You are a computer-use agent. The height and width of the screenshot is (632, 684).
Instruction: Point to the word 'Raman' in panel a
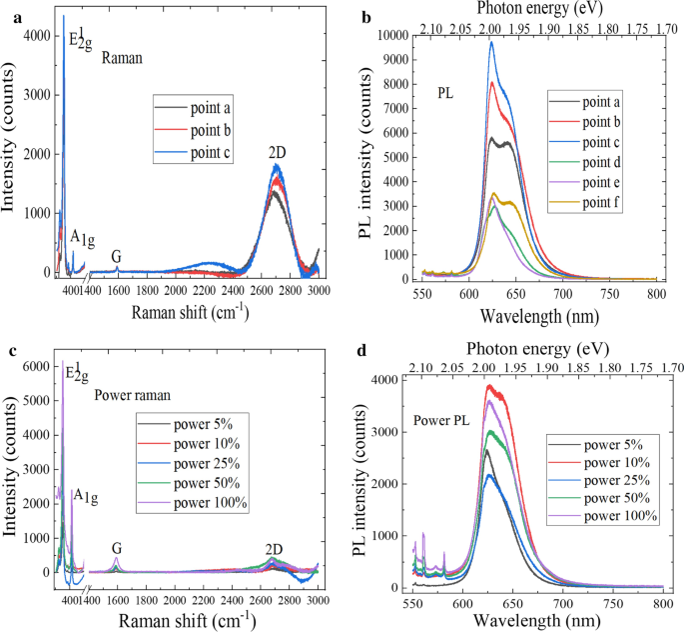pyautogui.click(x=123, y=58)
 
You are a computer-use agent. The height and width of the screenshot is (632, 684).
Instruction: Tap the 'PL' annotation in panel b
pyautogui.click(x=449, y=93)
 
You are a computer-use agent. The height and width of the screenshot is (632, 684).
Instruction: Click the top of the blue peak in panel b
pyautogui.click(x=491, y=42)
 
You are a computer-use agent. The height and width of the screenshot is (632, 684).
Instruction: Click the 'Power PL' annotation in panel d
pyautogui.click(x=445, y=420)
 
